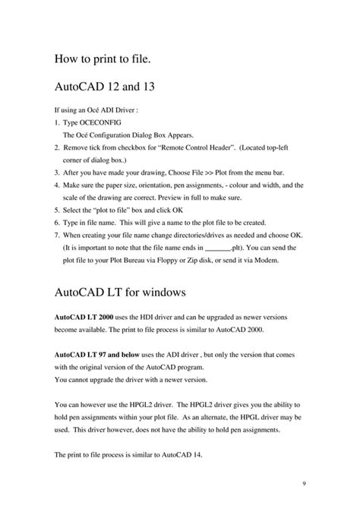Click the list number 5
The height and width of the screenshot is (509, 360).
pyautogui.click(x=57, y=210)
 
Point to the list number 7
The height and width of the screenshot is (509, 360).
pyautogui.click(x=57, y=235)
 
